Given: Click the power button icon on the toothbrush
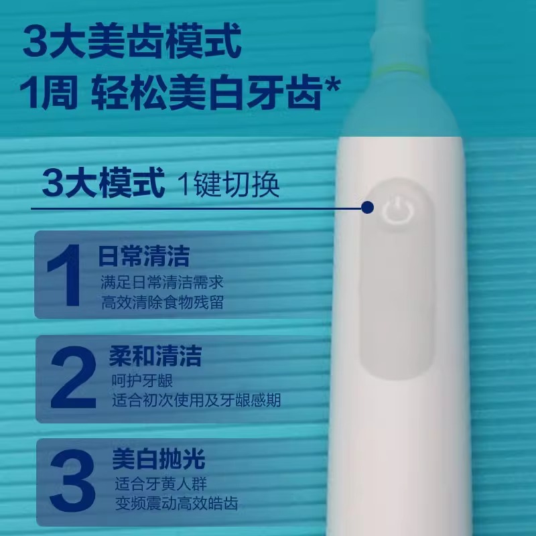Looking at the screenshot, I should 396,210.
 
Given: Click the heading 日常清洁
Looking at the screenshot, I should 143,256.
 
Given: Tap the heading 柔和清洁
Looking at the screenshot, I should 155,356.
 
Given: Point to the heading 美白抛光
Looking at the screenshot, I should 158,460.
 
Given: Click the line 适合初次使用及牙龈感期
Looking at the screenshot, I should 196,401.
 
